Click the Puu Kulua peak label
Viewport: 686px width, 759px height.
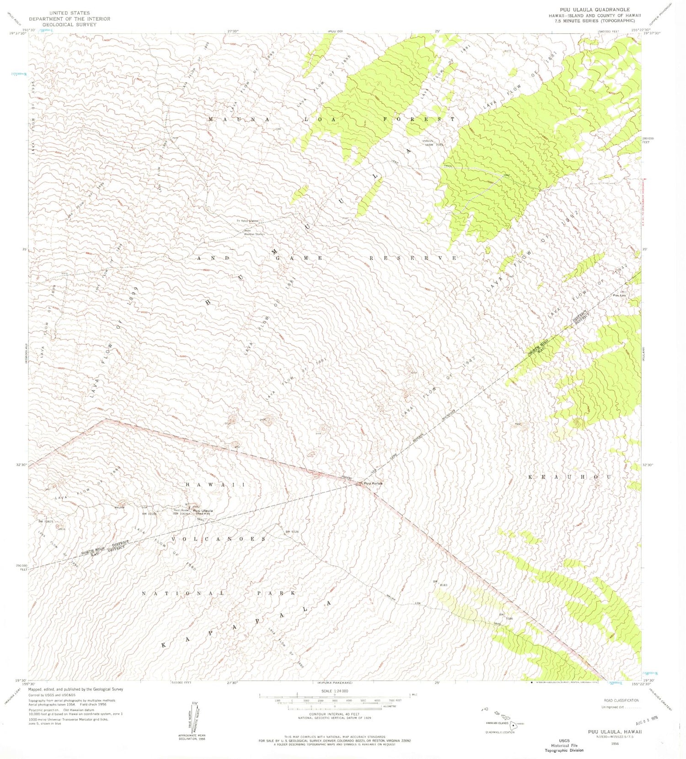tap(373, 483)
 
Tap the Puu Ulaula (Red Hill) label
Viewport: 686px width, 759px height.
tap(203, 511)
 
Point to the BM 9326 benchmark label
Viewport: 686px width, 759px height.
tap(292, 531)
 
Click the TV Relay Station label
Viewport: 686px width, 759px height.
tap(247, 221)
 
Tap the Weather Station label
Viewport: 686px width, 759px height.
tap(254, 234)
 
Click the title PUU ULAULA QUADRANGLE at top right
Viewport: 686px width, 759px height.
tap(595, 10)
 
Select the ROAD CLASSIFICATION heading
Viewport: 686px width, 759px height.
tap(621, 700)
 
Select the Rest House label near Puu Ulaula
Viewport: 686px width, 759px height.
tap(181, 510)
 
